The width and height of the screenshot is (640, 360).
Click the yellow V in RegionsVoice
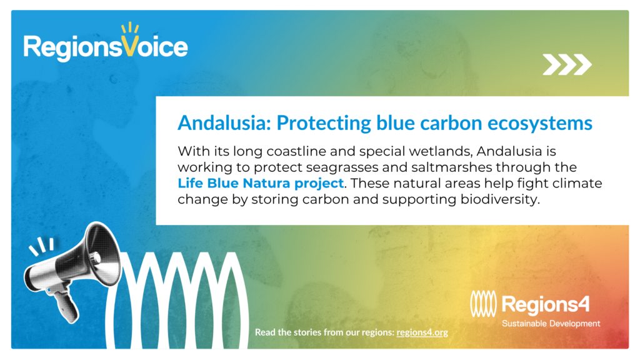pyautogui.click(x=130, y=46)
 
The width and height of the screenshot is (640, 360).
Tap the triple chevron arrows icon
pyautogui.click(x=567, y=64)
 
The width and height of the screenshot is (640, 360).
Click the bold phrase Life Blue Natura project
pyautogui.click(x=261, y=183)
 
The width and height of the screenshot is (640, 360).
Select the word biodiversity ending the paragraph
pyautogui.click(x=499, y=199)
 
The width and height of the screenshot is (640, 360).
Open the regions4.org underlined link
pyautogui.click(x=422, y=332)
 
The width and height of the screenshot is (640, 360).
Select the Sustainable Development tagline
pyautogui.click(x=551, y=324)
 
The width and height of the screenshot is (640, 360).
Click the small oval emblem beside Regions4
pyautogui.click(x=483, y=304)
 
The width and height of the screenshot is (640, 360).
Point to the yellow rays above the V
pyautogui.click(x=130, y=27)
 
